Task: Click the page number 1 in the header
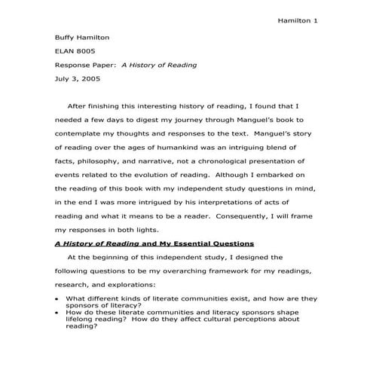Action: [x=315, y=20]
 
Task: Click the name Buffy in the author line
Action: [x=66, y=36]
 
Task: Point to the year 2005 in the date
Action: [x=90, y=79]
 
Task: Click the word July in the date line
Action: [x=63, y=79]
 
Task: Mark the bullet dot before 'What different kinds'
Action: [x=57, y=298]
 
